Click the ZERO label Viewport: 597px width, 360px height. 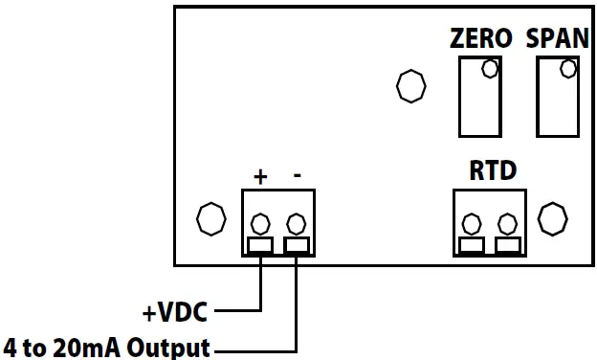481,39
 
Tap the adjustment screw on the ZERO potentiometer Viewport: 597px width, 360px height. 490,69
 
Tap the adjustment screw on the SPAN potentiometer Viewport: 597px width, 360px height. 567,69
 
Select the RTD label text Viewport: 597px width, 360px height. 493,171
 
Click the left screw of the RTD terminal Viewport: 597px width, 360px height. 471,225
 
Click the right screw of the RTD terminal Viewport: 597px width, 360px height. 507,225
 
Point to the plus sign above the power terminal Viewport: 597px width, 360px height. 259,176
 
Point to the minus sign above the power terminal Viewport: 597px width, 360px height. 298,176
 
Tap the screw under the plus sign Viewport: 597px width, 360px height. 260,225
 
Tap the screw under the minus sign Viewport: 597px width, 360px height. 297,225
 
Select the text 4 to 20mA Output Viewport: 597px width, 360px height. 106,346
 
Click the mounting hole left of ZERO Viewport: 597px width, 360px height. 410,86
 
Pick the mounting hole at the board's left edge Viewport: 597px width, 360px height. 210,219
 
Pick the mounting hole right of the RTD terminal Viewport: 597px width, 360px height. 552,218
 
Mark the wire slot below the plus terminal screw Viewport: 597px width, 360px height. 260,246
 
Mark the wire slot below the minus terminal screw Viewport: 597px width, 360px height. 297,246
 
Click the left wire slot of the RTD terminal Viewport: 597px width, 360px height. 471,246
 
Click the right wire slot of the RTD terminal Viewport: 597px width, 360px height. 507,246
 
